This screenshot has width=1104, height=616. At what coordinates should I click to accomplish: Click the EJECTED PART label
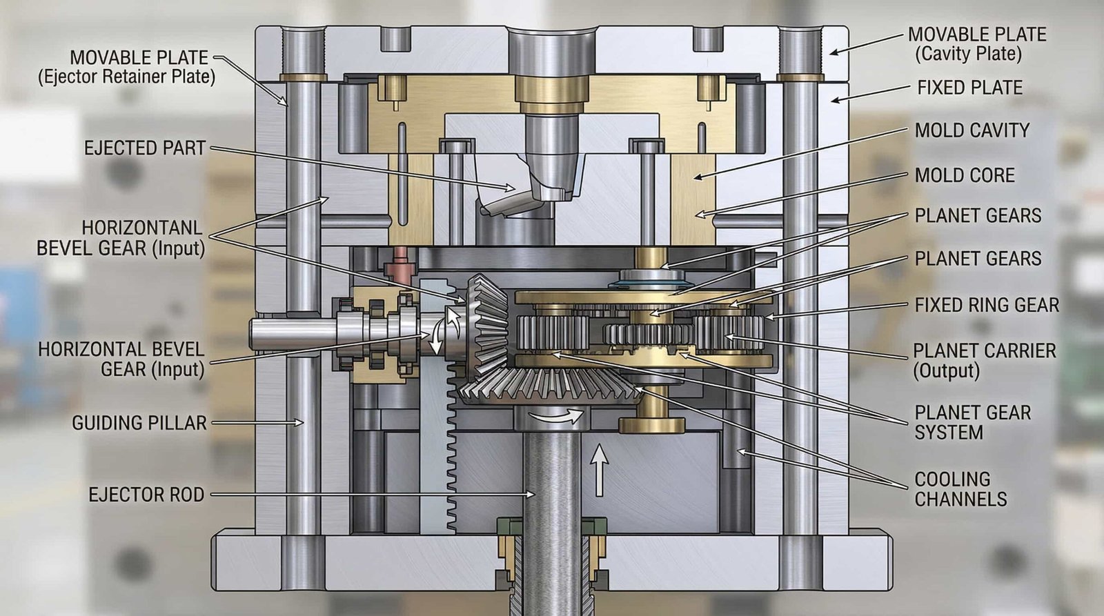coord(145,148)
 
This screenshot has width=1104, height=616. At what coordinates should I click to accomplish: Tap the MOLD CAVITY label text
coord(972,130)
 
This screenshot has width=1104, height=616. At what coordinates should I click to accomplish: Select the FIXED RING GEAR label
coord(987,305)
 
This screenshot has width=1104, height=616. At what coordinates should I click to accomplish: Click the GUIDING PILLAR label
coord(139,423)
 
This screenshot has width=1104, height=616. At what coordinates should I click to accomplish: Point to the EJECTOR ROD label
coord(146,495)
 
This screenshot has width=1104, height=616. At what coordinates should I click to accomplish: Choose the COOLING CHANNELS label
coord(960,489)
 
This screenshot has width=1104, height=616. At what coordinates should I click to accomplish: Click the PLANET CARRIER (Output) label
coord(984,360)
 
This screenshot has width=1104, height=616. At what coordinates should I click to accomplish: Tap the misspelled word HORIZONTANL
coord(141,228)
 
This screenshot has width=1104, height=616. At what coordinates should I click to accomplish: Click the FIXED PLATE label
coord(969,88)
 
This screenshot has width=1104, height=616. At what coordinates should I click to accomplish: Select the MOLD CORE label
coord(965,175)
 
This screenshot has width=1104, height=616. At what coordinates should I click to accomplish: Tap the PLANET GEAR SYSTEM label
coord(972,422)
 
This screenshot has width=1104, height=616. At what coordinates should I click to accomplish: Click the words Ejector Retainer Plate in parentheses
coord(126,77)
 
